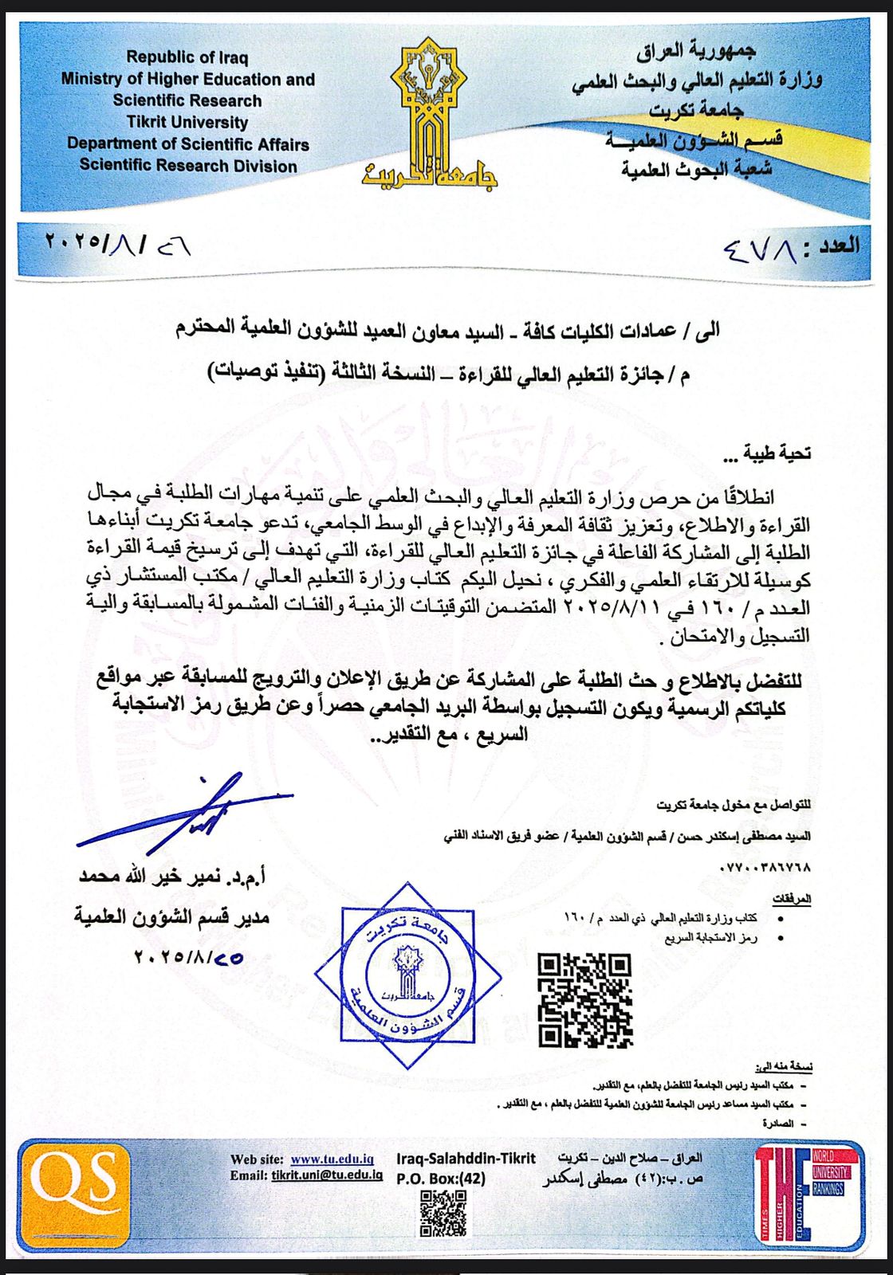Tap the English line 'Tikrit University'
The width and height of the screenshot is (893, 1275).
pos(187,122)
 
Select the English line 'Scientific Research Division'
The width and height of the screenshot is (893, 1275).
pos(188,166)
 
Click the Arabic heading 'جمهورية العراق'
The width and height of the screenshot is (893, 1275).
pos(695,51)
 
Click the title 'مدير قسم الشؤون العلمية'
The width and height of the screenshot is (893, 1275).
pos(172,917)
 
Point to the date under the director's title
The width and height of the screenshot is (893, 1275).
pos(189,957)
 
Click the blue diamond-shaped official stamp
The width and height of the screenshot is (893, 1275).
pos(408,975)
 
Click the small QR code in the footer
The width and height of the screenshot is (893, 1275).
pos(443,1213)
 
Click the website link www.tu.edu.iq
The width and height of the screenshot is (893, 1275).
pos(332,1159)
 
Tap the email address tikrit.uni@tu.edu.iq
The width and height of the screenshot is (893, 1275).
pos(327,1175)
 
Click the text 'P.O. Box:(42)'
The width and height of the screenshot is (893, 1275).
pos(441,1178)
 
